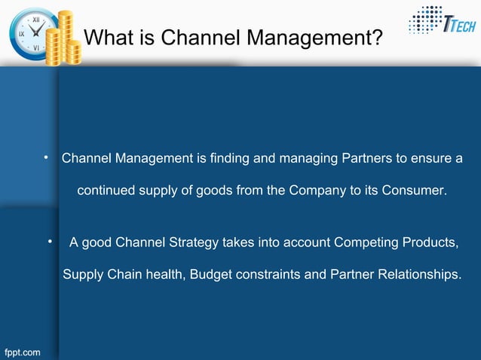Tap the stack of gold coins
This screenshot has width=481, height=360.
click(63, 40)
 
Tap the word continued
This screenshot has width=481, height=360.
click(106, 191)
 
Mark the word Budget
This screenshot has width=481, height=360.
click(212, 274)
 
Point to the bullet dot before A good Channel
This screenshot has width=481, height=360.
click(49, 242)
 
